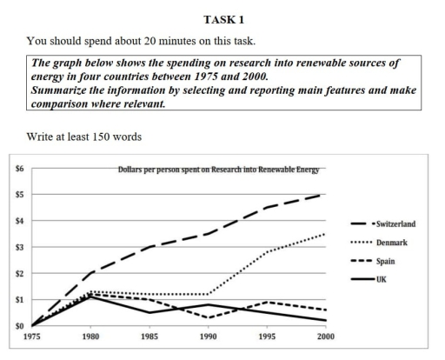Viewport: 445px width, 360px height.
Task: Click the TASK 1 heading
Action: tap(222, 18)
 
